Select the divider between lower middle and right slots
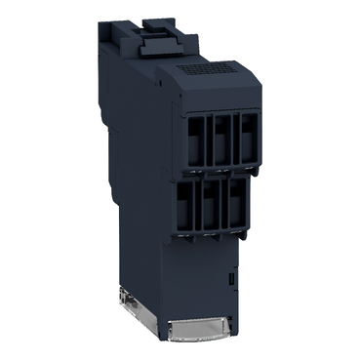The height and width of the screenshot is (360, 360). click(x=223, y=208)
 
